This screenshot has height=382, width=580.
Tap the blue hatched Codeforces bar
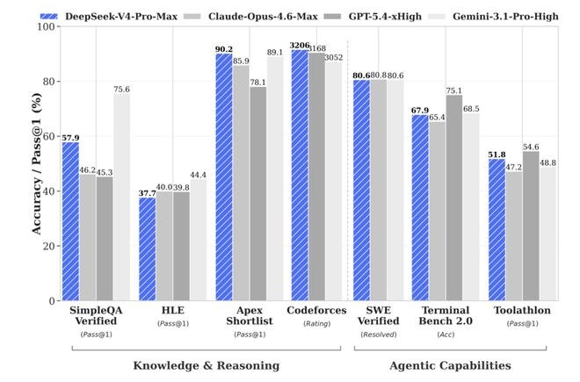[x=299, y=175]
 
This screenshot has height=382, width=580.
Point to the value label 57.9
[x=70, y=137]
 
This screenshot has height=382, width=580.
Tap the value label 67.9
[x=421, y=110]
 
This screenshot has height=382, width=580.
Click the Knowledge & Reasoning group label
[x=206, y=364]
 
